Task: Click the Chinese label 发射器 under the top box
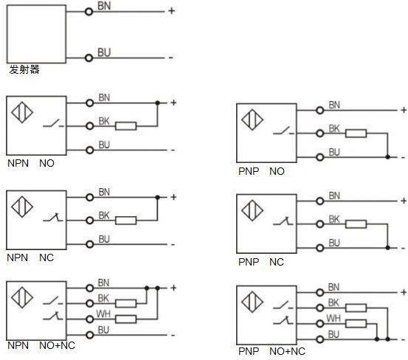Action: click(x=24, y=69)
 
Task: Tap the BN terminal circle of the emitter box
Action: click(x=89, y=12)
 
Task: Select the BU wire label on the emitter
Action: click(x=104, y=52)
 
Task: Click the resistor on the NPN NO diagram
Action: click(x=126, y=126)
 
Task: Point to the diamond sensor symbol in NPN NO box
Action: click(x=22, y=112)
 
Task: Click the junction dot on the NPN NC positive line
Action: click(x=157, y=198)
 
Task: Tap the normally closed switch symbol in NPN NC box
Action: click(x=53, y=218)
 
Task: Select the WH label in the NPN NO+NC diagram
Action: click(x=103, y=314)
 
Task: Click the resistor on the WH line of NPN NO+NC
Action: click(x=126, y=319)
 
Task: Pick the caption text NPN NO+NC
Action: click(x=41, y=345)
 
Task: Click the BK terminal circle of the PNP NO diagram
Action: click(x=320, y=134)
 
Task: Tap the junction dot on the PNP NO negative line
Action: click(x=387, y=157)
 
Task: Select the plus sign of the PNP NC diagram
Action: click(x=404, y=201)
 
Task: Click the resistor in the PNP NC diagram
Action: click(x=356, y=224)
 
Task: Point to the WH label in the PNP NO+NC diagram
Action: click(x=333, y=319)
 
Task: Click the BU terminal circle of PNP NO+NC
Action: click(x=320, y=339)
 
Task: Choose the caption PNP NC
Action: click(x=261, y=262)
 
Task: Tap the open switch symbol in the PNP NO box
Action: click(x=283, y=131)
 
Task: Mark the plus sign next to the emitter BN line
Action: click(x=171, y=11)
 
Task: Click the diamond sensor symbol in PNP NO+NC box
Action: click(x=252, y=302)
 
